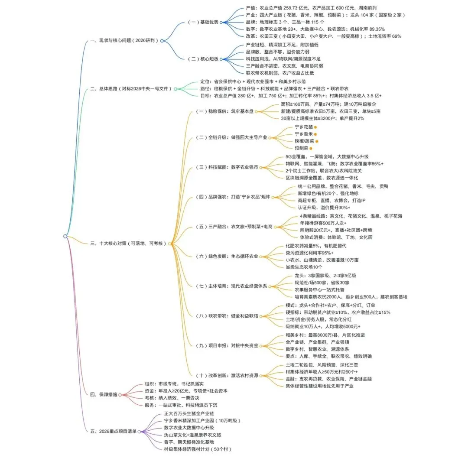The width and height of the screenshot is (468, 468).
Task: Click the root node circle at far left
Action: [65, 236]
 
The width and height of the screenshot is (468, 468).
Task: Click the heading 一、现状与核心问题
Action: [123, 41]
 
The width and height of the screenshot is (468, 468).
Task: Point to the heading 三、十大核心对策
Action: [128, 244]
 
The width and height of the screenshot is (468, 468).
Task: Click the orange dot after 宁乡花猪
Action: [315, 127]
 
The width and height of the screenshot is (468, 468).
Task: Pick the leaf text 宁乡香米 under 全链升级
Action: [303, 134]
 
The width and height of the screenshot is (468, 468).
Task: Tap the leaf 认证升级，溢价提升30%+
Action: [324, 208]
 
